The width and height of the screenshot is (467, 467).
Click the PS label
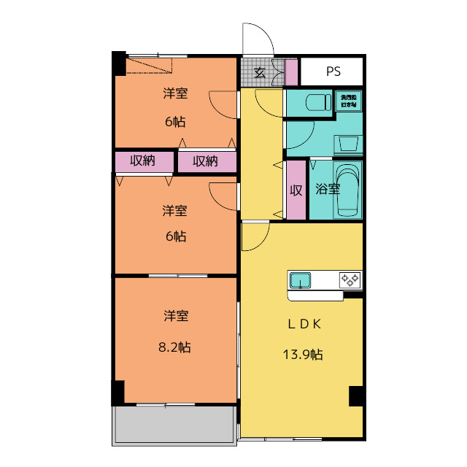[x=333, y=72]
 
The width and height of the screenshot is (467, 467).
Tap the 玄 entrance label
[x=260, y=72]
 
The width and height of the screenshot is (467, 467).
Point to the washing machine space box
[x=348, y=101]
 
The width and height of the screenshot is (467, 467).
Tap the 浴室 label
[x=327, y=189]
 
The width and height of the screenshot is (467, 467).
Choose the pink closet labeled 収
[x=296, y=190]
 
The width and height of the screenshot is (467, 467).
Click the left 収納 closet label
[x=143, y=161]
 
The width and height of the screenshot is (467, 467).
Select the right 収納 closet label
[x=206, y=161]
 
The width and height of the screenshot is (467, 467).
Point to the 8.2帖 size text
[x=176, y=347]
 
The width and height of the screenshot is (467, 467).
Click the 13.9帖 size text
[x=303, y=355]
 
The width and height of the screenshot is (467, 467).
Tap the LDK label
[x=303, y=325]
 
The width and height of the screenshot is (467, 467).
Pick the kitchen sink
[x=301, y=280]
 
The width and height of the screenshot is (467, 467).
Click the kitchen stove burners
[x=349, y=279]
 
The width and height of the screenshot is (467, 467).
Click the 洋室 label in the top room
[x=175, y=93]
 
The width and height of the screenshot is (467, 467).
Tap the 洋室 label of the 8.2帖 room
[x=176, y=316]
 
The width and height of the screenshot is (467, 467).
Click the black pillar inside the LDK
[x=355, y=395]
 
